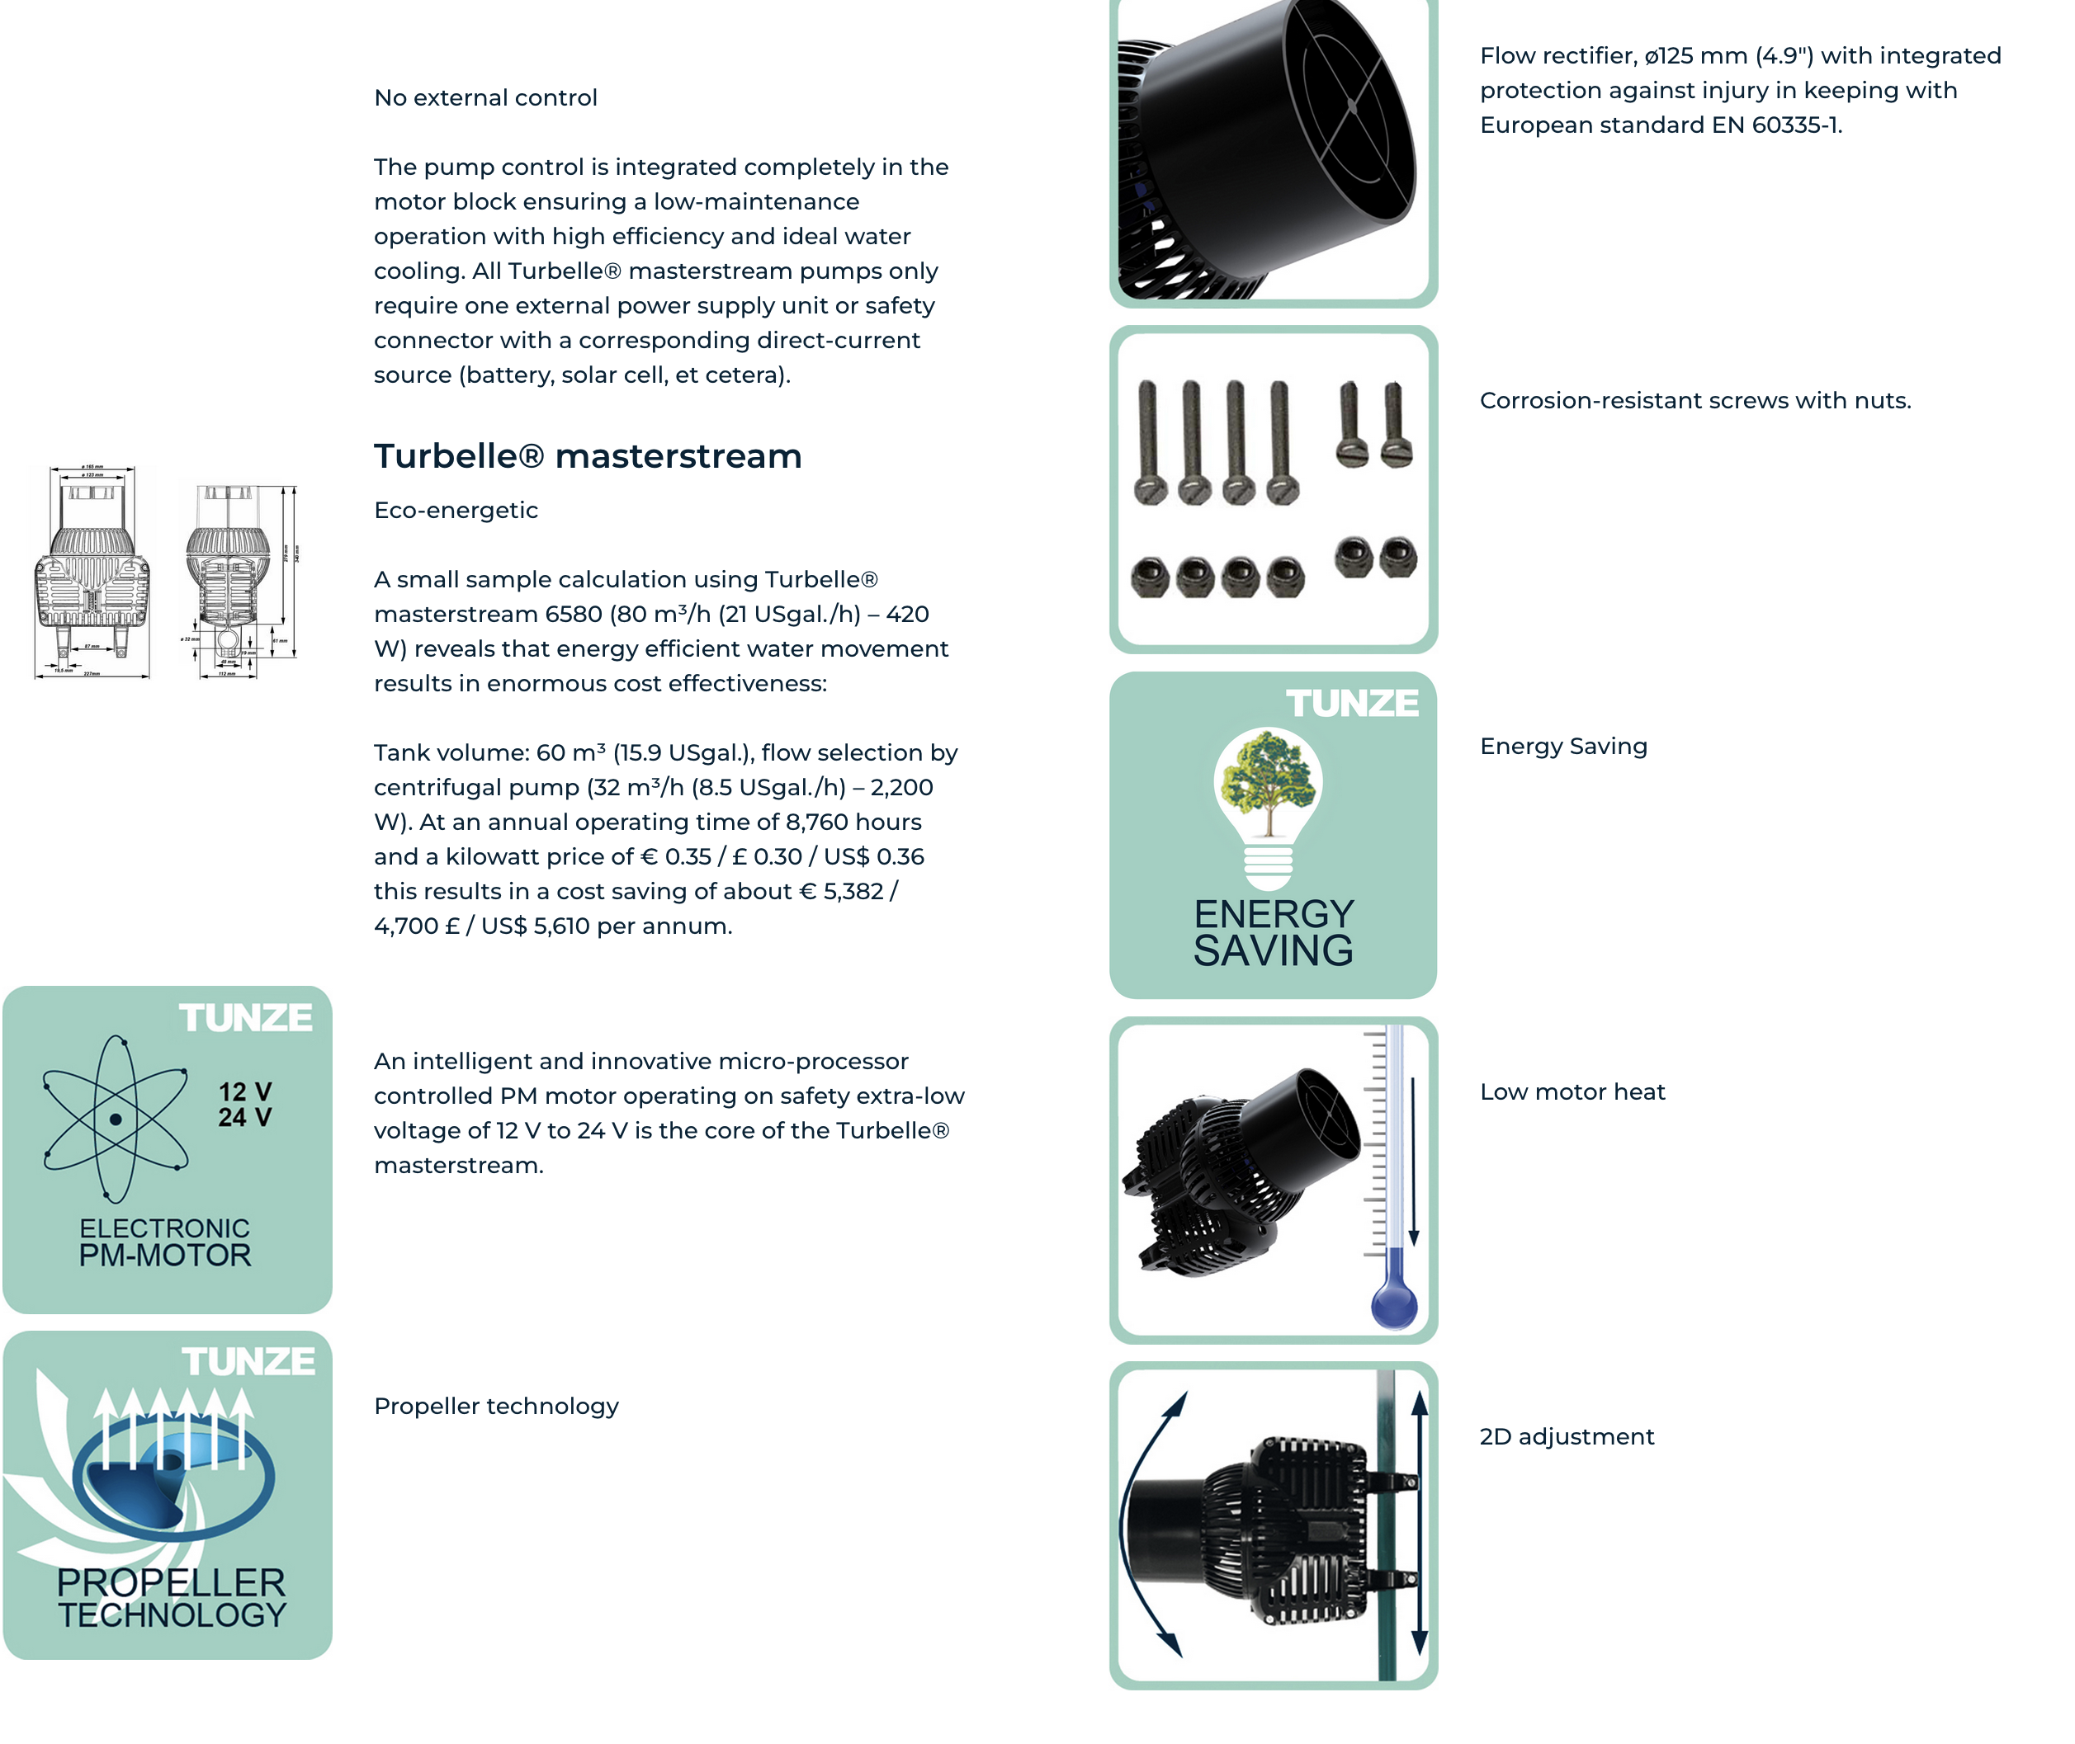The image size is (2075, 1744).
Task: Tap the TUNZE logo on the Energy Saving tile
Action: (1351, 703)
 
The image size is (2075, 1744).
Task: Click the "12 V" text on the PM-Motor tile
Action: (244, 1091)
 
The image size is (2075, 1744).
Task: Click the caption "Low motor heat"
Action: (1572, 1091)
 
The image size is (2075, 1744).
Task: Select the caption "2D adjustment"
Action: (1566, 1436)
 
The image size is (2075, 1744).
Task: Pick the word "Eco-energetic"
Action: (455, 510)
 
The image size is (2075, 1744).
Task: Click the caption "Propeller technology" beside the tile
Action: (495, 1406)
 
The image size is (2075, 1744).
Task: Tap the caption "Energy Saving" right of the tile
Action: (1562, 747)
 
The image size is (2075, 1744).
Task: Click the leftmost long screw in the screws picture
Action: (1148, 440)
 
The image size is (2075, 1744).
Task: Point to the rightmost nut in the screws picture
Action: (1397, 557)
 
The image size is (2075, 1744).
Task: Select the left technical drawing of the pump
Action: (92, 572)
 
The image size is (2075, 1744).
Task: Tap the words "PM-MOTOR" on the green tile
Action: (165, 1256)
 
